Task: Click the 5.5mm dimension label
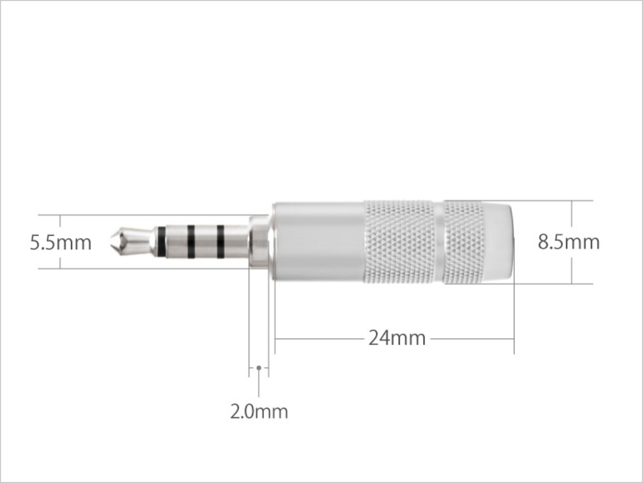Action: point(61,243)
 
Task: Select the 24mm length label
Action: point(397,338)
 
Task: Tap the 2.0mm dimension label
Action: point(259,412)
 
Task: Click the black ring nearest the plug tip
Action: point(161,241)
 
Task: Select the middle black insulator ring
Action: point(191,241)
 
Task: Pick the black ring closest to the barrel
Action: point(221,241)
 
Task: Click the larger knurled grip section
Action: point(399,242)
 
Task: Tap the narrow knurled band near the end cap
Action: point(463,242)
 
